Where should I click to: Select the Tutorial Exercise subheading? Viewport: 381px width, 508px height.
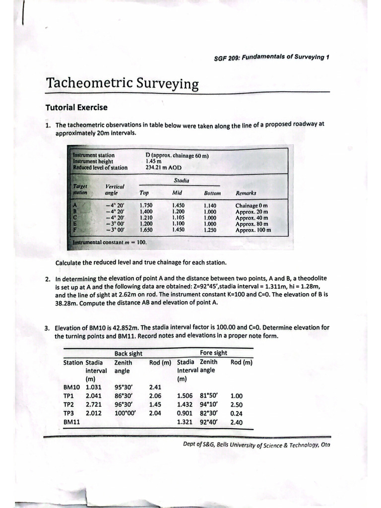[76, 107]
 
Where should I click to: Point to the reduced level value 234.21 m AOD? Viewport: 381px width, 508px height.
[164, 168]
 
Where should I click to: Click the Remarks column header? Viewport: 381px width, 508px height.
[246, 193]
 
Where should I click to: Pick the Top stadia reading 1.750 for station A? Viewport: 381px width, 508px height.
[146, 205]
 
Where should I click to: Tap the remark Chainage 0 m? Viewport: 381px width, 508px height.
[252, 205]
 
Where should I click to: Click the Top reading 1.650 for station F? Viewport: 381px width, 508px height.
[146, 230]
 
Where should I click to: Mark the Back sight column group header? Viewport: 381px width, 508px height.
[128, 353]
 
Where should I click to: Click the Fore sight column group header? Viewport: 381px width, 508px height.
[213, 353]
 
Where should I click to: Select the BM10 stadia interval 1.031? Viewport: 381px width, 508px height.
[94, 387]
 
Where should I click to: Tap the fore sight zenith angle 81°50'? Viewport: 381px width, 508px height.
[208, 396]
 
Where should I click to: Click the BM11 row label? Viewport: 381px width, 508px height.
[72, 422]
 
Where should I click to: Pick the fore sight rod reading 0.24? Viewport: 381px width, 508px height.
[237, 413]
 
